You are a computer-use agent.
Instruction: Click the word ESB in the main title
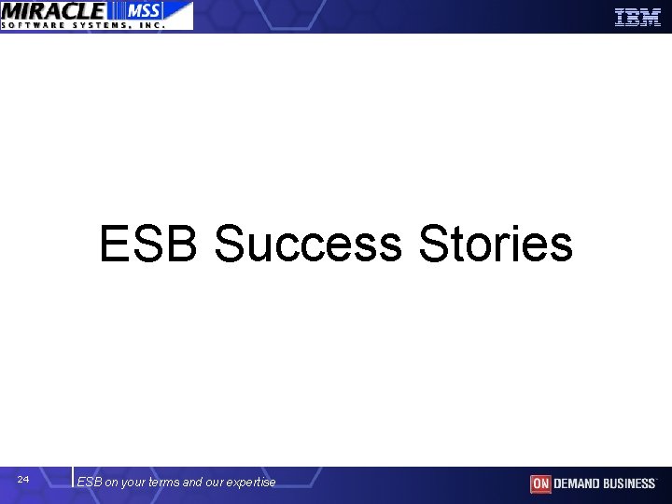[x=150, y=245]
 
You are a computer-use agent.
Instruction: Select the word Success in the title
[x=308, y=245]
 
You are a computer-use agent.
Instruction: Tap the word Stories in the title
[x=496, y=245]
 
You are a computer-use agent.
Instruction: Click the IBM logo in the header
[x=637, y=17]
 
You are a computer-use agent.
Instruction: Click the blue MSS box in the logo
[x=139, y=10]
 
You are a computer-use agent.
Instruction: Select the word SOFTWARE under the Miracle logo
[x=37, y=25]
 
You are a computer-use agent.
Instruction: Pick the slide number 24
[x=23, y=480]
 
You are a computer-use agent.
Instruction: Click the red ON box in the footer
[x=540, y=483]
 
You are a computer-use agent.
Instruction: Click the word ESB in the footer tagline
[x=90, y=483]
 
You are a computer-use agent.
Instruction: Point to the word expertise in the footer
[x=251, y=483]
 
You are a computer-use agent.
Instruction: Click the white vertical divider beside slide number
[x=72, y=477]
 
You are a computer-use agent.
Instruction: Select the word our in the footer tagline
[x=215, y=483]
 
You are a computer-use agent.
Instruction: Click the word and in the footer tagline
[x=192, y=483]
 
